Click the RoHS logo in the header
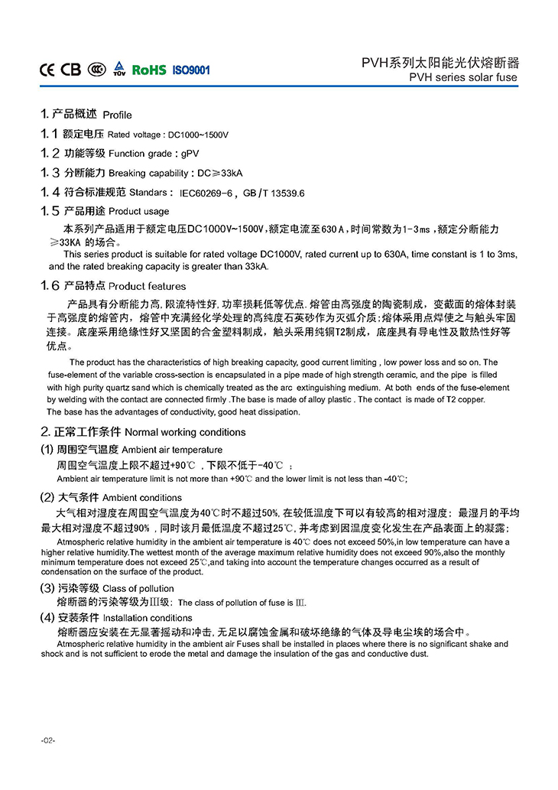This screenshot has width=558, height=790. coord(149,70)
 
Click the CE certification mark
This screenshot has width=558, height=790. coord(47,70)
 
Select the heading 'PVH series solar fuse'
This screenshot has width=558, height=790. coord(463,77)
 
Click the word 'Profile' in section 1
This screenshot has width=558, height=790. coord(117,115)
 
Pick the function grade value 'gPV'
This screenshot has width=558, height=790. coord(190,154)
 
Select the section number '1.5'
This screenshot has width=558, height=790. coord(50,210)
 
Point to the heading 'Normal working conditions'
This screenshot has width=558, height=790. coord(184,432)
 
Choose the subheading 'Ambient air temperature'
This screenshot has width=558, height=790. coord(172,450)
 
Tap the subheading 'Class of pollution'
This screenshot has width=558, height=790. coord(138,589)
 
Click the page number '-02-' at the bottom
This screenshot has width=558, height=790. coord(48,741)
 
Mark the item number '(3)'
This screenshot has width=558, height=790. coord(47,589)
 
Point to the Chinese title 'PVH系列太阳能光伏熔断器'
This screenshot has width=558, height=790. coord(440,63)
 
